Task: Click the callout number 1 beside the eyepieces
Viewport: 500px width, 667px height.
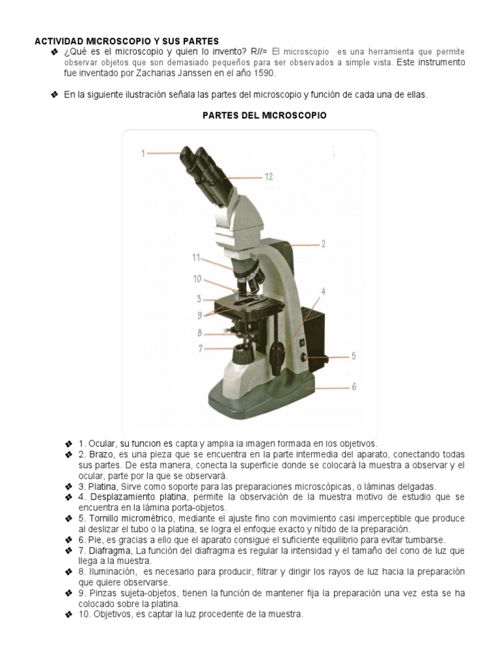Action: (143, 153)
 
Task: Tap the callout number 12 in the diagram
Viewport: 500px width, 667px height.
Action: (268, 176)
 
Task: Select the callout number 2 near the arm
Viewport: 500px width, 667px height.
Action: (323, 245)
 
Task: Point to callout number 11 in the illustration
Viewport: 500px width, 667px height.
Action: (196, 258)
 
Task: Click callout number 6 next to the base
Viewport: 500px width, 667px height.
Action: (354, 386)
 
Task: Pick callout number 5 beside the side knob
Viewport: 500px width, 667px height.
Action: (354, 356)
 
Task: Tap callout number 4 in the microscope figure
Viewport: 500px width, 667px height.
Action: (323, 291)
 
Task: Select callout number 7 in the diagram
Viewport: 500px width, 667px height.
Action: (201, 348)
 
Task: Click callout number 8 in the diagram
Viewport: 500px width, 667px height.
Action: (201, 333)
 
